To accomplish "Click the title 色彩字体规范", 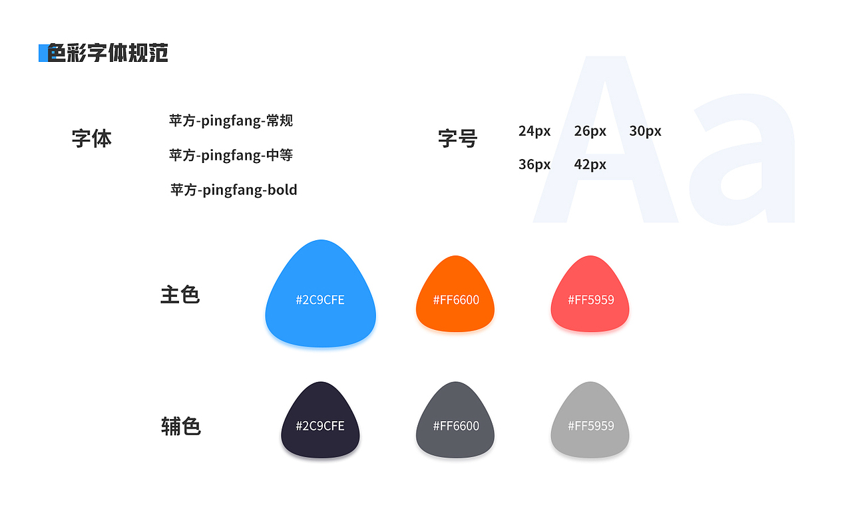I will coord(108,53).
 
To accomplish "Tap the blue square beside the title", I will coord(43,53).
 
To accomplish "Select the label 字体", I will coord(92,138).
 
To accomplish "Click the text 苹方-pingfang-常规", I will coord(230,120).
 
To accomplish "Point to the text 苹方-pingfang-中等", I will coord(230,155).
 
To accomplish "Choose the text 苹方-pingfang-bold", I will coord(234,190).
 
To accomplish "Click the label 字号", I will coord(458,138).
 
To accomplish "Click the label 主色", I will coord(180,295).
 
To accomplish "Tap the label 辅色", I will coord(180,426).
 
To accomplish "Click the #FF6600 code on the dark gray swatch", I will coord(456,426).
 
